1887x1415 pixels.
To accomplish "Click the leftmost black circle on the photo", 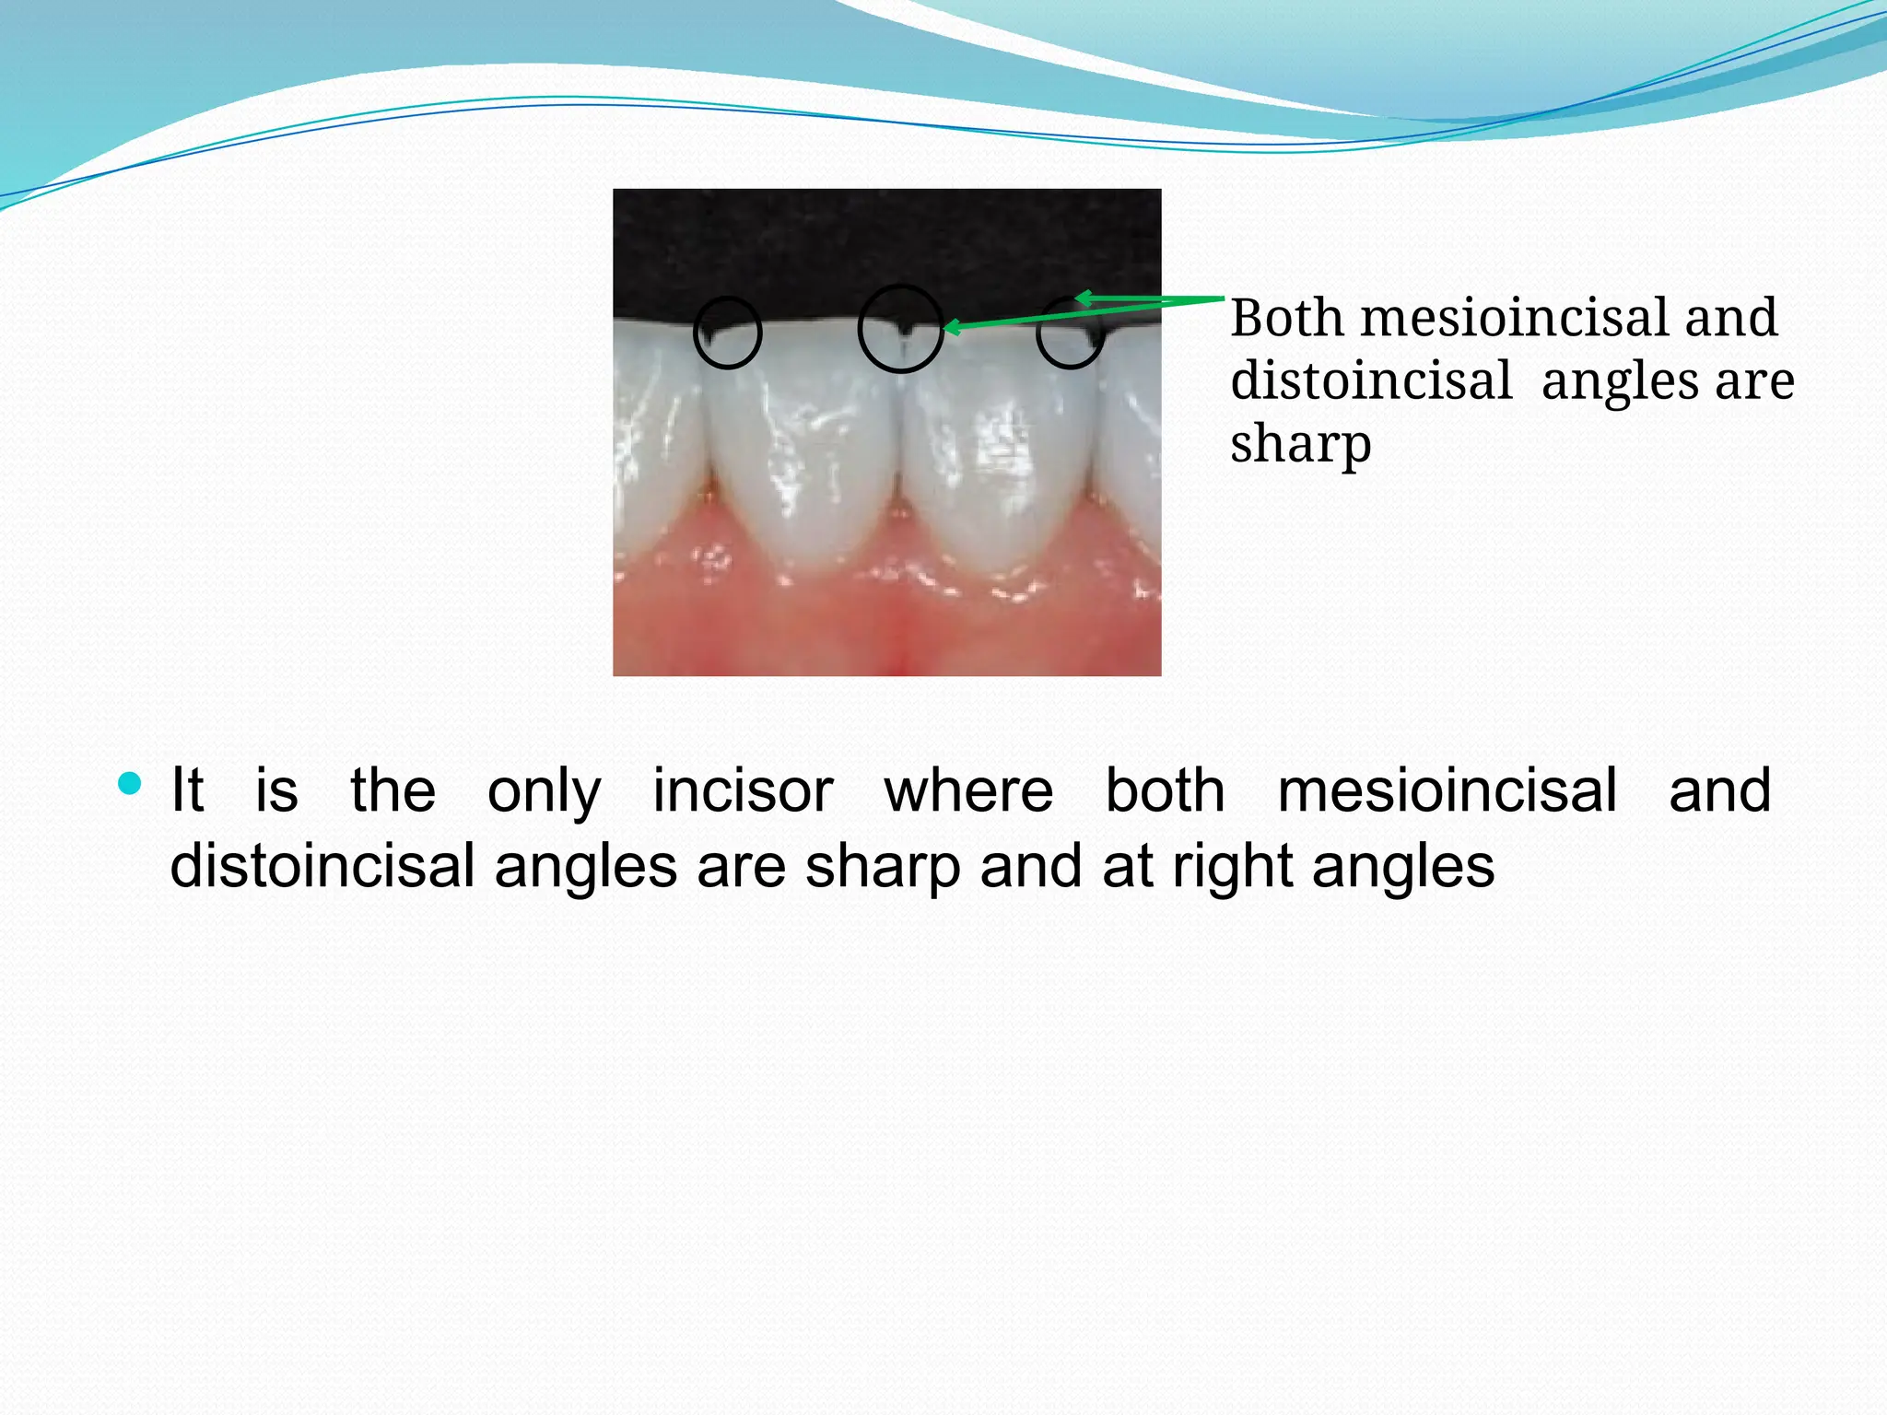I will pos(727,333).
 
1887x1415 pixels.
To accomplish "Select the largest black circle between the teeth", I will pos(900,329).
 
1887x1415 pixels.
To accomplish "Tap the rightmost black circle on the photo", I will pos(1070,333).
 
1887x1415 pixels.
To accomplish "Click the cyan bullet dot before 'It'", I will pos(130,785).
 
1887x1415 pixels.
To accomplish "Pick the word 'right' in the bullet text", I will pos(1232,868).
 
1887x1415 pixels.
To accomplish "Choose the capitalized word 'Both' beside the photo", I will pos(1287,318).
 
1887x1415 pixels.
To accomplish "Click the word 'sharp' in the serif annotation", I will pos(1300,444).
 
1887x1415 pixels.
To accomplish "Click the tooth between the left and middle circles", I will pos(804,442).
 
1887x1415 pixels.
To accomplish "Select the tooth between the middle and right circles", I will pos(995,442).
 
